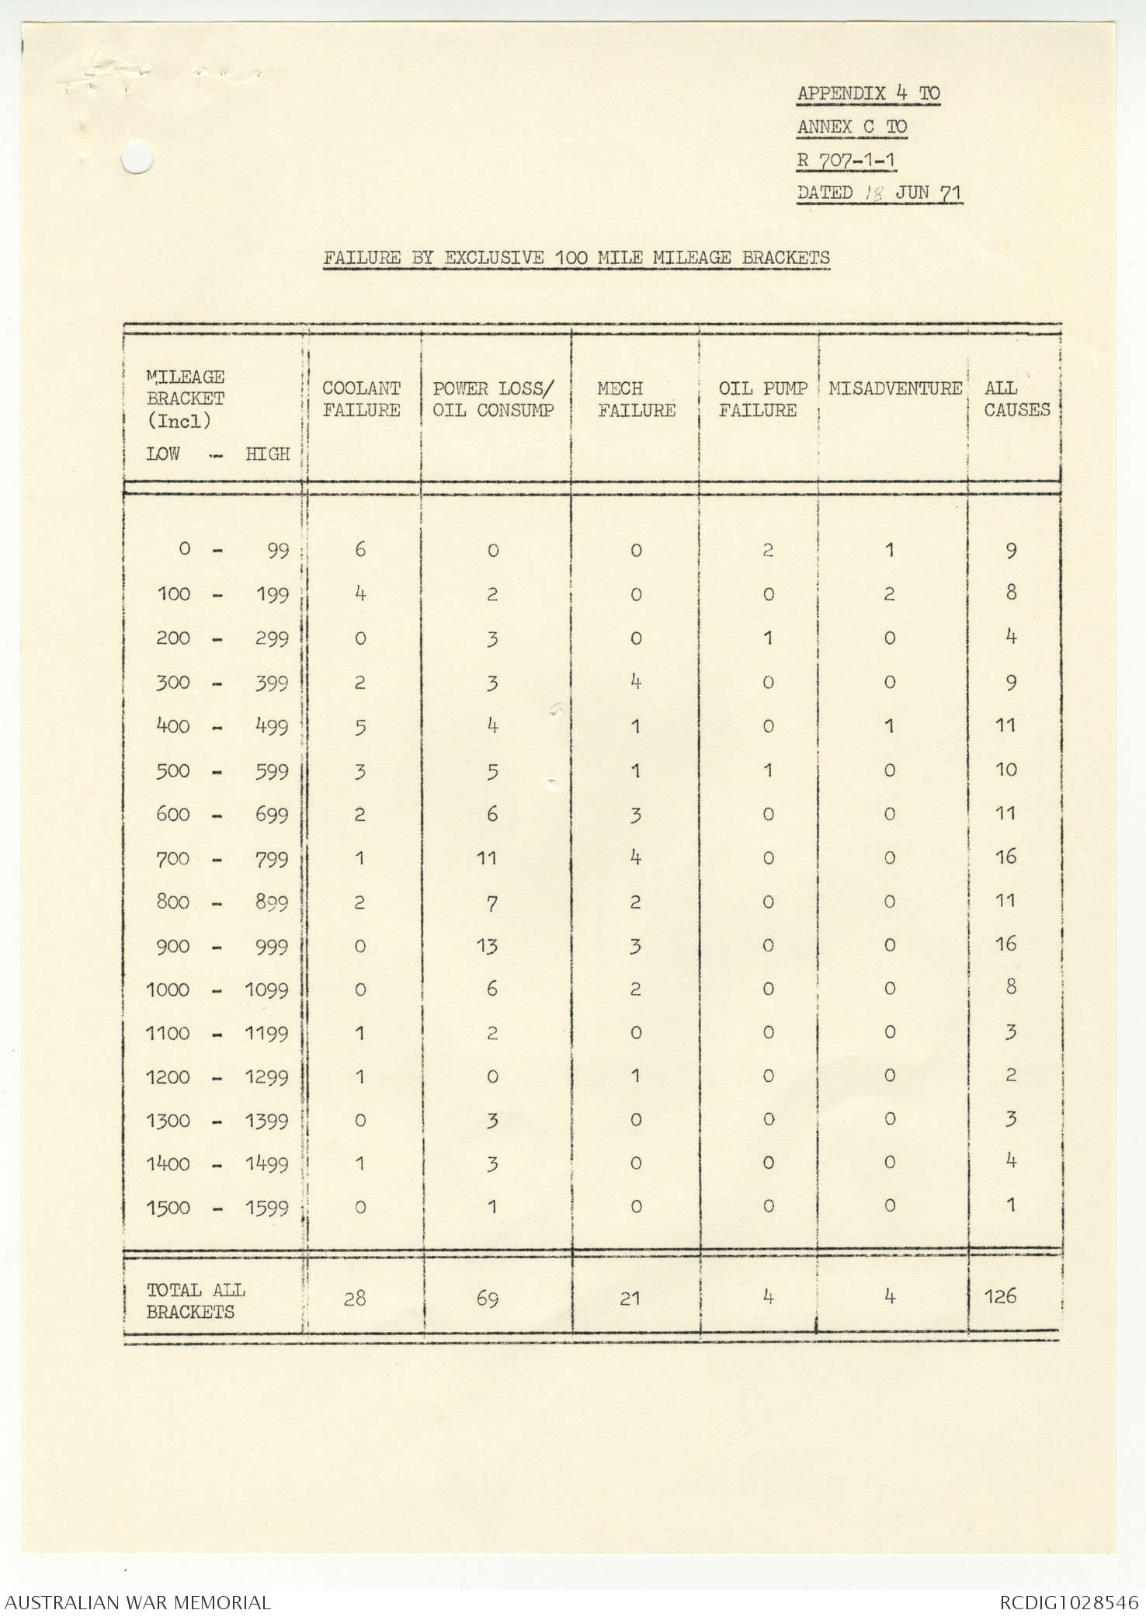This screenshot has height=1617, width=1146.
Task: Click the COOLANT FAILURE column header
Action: click(x=361, y=399)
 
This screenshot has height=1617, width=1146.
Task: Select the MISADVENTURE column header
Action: click(x=895, y=388)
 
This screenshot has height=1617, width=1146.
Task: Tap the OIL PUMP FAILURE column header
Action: click(x=762, y=399)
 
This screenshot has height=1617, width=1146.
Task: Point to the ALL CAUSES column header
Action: click(x=1016, y=399)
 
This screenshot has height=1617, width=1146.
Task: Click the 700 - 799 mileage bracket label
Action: click(x=217, y=858)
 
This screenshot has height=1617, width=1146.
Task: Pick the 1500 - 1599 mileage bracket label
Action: click(x=217, y=1208)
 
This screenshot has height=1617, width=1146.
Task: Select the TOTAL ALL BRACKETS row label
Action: click(x=196, y=1301)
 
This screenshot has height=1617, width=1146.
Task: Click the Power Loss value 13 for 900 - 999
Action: click(x=488, y=945)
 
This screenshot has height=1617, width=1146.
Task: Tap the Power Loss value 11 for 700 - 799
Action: click(x=487, y=858)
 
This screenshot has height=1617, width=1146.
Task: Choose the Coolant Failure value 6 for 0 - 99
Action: click(x=360, y=550)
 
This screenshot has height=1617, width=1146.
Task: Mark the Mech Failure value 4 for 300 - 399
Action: click(x=635, y=682)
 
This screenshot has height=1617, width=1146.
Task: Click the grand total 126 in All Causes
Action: click(x=1000, y=1296)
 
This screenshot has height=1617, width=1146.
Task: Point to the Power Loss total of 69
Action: click(x=488, y=1298)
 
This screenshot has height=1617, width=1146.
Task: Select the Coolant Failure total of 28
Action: click(x=355, y=1298)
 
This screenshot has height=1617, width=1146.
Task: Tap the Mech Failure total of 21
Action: click(x=630, y=1298)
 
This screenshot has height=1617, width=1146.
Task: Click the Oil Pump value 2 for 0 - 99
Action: click(x=767, y=550)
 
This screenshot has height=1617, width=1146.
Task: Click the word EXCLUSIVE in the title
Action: click(x=494, y=258)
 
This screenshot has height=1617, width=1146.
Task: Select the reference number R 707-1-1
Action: click(x=846, y=161)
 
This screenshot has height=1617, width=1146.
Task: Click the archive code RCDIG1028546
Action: click(x=1068, y=1602)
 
